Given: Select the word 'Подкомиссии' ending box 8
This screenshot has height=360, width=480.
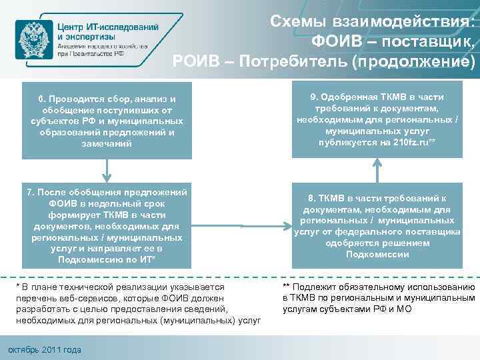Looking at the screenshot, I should [x=377, y=254].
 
